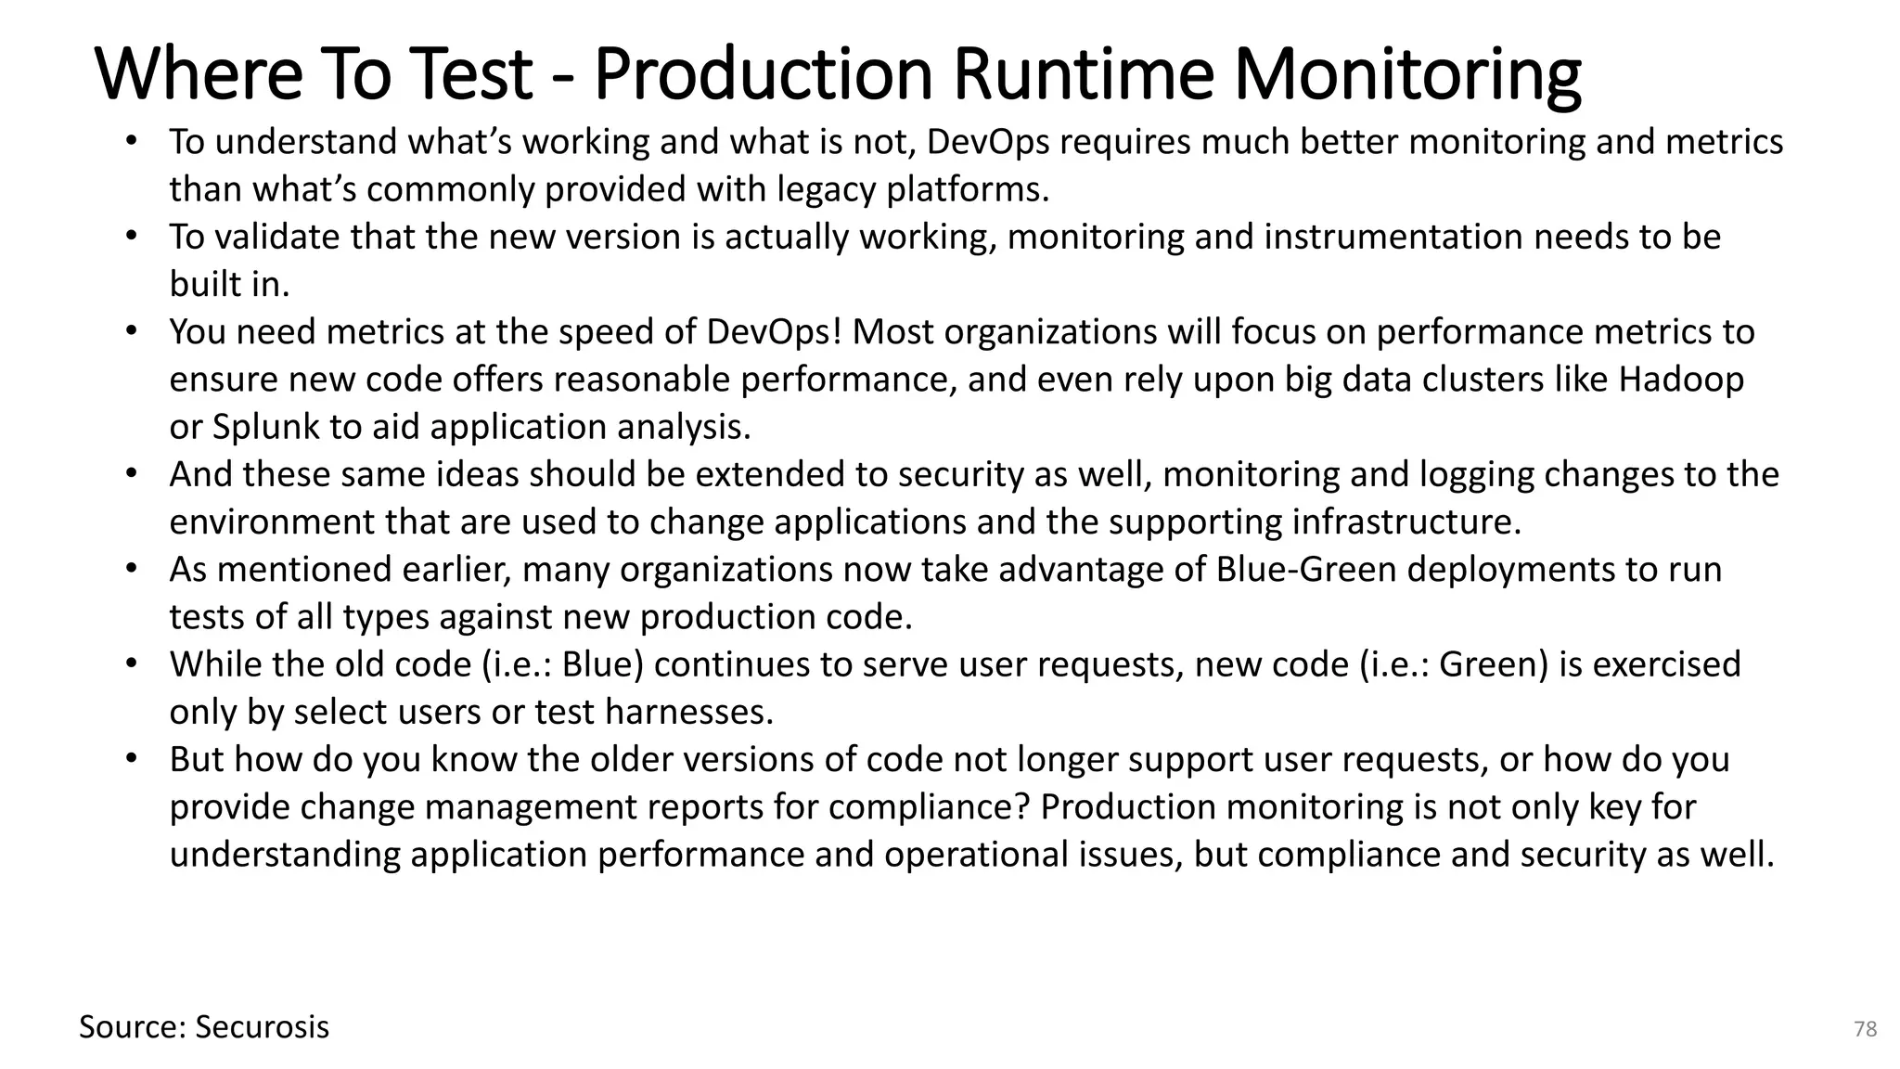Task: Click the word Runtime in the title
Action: (1083, 74)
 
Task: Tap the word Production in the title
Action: (762, 74)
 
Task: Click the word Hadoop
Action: (1681, 380)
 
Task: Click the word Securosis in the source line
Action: (263, 1027)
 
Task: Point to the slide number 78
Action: (1865, 1029)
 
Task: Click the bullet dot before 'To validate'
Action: (132, 236)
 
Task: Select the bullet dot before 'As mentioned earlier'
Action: (132, 568)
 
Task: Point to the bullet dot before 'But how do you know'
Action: (132, 758)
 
